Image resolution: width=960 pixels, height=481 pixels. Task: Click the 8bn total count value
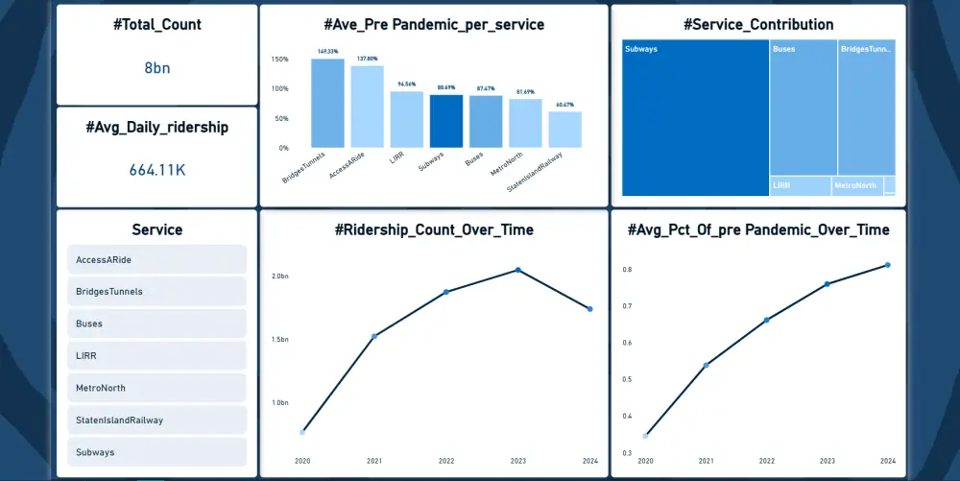156,68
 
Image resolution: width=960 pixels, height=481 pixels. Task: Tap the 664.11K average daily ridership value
156,170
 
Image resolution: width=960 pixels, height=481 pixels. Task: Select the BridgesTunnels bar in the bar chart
327,104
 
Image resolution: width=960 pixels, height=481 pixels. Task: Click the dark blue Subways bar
446,121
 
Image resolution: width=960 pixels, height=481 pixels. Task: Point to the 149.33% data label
327,52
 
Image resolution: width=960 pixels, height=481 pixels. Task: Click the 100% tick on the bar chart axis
280,88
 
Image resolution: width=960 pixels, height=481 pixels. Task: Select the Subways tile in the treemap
695,118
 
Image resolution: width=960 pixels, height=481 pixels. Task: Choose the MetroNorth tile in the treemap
856,185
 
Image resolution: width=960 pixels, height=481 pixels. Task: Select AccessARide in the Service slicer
156,259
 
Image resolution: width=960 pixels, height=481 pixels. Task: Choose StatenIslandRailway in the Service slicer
156,420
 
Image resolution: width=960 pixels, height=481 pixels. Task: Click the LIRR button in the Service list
156,355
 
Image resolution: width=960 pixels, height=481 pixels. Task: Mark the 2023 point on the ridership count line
518,270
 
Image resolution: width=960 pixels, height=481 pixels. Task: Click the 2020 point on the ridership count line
302,432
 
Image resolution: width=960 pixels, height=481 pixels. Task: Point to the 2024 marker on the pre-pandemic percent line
887,265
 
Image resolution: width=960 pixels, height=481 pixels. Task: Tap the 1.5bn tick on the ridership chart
279,339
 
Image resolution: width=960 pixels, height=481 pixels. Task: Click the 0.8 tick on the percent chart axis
626,270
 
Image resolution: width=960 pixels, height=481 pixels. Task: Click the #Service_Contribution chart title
758,25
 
